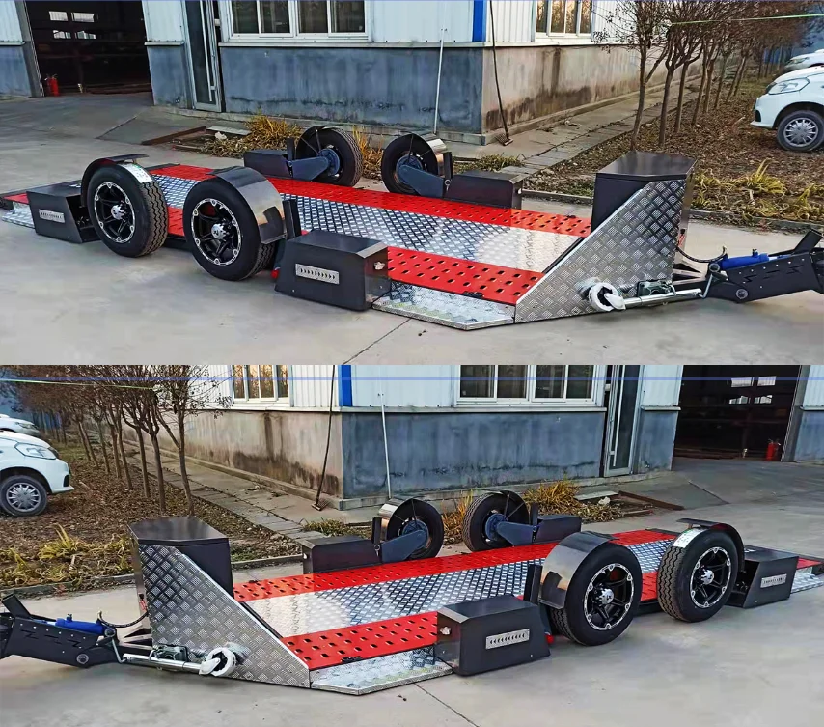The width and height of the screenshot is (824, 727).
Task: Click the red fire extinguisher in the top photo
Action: coord(52,85)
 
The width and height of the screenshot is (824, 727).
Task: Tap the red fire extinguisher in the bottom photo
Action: coord(772,449)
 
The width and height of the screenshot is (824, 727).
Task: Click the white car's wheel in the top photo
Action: coord(800,130)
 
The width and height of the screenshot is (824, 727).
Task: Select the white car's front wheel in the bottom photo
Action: coord(23,494)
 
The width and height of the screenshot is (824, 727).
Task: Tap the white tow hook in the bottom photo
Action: coord(219,660)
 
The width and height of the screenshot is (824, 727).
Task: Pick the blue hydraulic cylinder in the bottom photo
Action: coord(81,627)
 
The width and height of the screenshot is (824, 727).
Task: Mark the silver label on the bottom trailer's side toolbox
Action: coord(507,638)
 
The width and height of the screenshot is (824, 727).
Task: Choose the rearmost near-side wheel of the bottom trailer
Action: coord(699,575)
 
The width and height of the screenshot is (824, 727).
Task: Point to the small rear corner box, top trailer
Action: coord(57,211)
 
